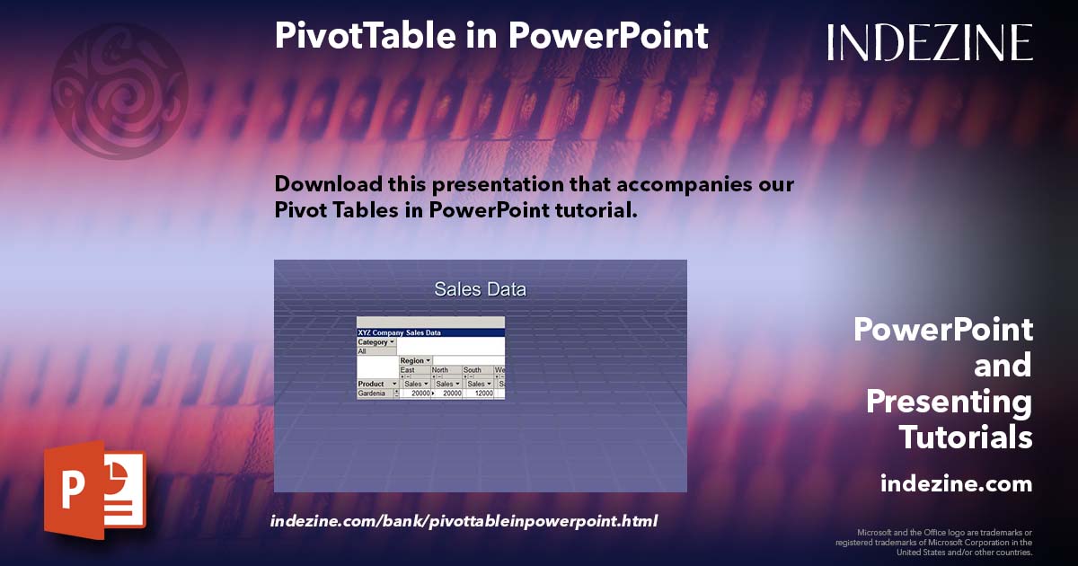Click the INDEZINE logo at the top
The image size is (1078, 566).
(930, 42)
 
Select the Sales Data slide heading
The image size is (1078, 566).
(480, 289)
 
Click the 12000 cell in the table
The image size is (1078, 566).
(482, 394)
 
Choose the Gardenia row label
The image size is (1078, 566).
(372, 394)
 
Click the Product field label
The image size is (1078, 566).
(372, 384)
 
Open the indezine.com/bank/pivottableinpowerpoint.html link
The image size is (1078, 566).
(464, 521)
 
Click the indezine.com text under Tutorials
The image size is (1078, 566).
(956, 484)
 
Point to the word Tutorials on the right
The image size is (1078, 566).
(965, 438)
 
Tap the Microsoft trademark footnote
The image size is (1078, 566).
(934, 542)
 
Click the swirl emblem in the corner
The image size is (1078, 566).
(119, 90)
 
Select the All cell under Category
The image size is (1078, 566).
(363, 351)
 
